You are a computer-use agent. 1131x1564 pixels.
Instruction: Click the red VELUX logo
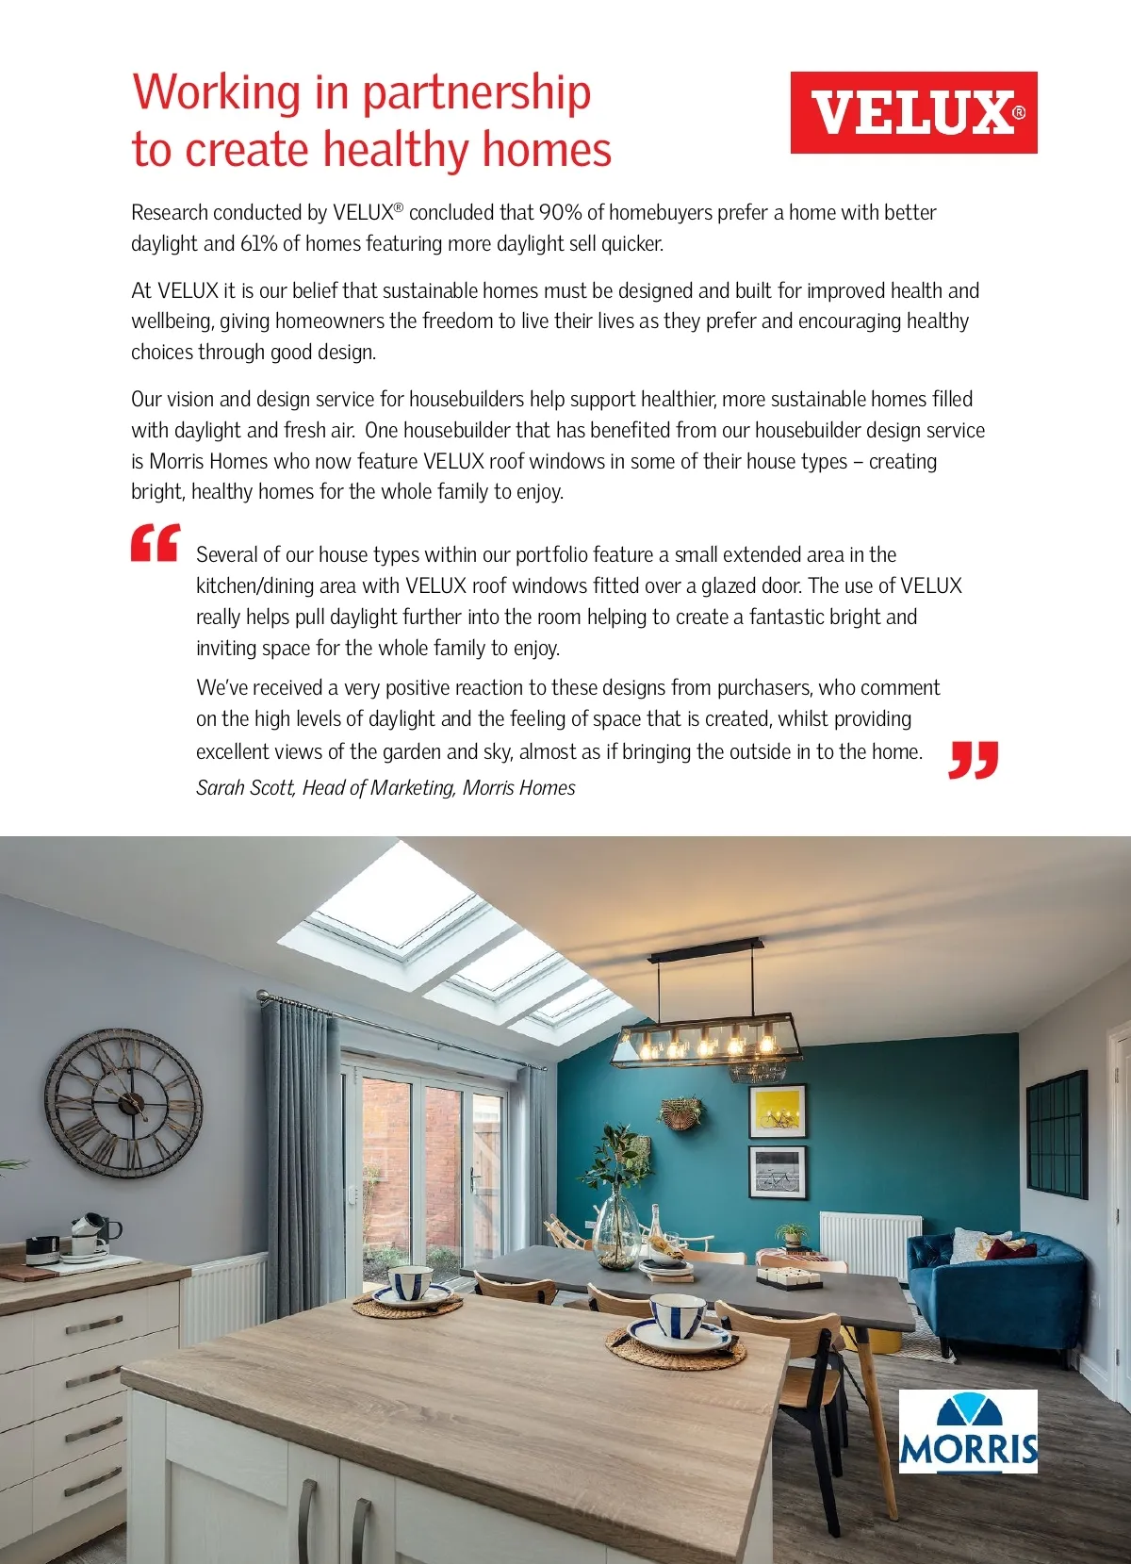[x=913, y=112]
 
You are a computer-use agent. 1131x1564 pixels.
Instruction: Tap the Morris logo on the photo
[x=968, y=1430]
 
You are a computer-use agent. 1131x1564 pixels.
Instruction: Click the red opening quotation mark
[x=155, y=544]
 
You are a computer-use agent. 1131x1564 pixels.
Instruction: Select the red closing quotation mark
[x=973, y=760]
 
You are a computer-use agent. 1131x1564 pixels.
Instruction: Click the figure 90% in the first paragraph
[x=560, y=212]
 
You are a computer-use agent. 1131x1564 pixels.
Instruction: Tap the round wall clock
[x=123, y=1102]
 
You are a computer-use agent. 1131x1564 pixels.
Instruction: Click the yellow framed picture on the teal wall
[x=778, y=1111]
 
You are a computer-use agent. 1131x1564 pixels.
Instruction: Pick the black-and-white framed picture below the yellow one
[x=778, y=1172]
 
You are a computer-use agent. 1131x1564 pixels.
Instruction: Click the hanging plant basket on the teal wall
[x=681, y=1113]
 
